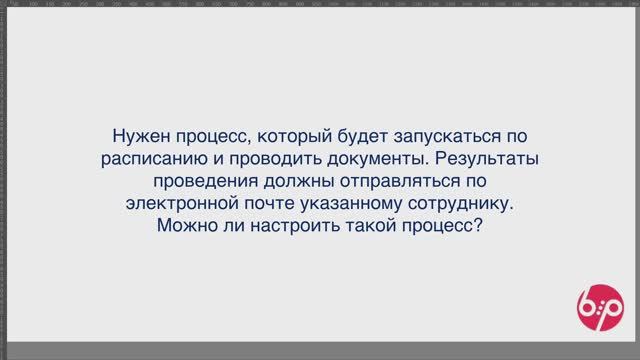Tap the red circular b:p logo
pos(598,304)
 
